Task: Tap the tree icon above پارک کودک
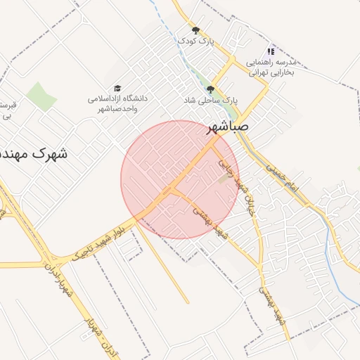click(195, 30)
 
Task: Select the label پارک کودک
click(195, 41)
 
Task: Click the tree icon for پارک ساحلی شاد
click(210, 89)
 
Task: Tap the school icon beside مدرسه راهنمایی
click(271, 51)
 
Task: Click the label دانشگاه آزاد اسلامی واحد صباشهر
click(117, 103)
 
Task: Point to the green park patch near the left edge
click(42, 96)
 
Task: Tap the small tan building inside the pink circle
click(224, 179)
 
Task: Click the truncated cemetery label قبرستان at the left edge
click(8, 109)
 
